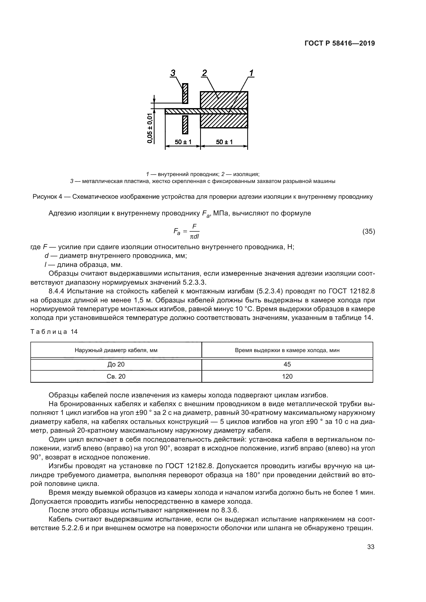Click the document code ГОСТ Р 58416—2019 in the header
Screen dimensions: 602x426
pyautogui.click(x=340, y=43)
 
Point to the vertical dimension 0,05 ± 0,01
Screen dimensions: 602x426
pyautogui.click(x=150, y=128)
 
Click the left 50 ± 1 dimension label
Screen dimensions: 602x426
pyautogui.click(x=183, y=142)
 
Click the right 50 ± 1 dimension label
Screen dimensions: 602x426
pyautogui.click(x=224, y=142)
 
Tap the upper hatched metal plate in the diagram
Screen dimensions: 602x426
pyautogui.click(x=185, y=93)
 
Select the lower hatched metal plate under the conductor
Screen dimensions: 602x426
pyautogui.click(x=185, y=125)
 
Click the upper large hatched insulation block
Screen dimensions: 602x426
pyautogui.click(x=224, y=100)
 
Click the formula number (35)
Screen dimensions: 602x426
pyautogui.click(x=369, y=232)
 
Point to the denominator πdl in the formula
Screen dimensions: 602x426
pyautogui.click(x=194, y=237)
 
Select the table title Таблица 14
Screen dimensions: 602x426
pyautogui.click(x=54, y=332)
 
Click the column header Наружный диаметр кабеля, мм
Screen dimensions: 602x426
pyautogui.click(x=116, y=350)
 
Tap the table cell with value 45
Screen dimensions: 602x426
pyautogui.click(x=287, y=364)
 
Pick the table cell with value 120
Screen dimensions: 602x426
pyautogui.click(x=287, y=377)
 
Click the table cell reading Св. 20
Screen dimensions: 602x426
pyautogui.click(x=116, y=377)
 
